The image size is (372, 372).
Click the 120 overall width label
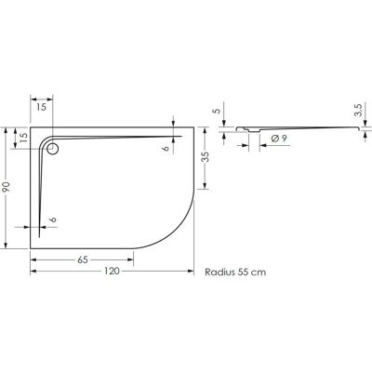coord(112,271)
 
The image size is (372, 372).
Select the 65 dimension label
coord(83,259)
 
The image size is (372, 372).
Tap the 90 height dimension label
coord(7,187)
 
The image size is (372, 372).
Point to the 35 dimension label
coord(205,157)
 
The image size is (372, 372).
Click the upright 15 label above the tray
coord(41,107)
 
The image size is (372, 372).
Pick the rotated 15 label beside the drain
coord(24,137)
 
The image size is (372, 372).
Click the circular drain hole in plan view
coord(52,150)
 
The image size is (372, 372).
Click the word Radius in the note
coord(219,272)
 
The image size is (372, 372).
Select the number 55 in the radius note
coord(244,272)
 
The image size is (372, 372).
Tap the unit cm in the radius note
coord(259,272)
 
